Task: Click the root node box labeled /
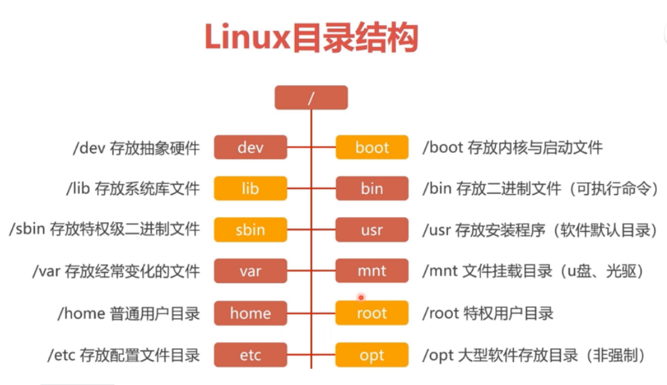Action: click(x=311, y=98)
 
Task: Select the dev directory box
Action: click(x=250, y=147)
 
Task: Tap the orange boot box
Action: click(x=372, y=147)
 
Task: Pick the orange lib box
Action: click(x=250, y=188)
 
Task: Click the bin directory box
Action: click(x=372, y=188)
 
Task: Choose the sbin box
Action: click(x=250, y=230)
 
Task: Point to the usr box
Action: click(x=372, y=230)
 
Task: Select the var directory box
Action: click(x=250, y=271)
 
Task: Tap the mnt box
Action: click(x=372, y=271)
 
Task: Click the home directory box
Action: click(x=250, y=313)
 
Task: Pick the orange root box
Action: click(x=372, y=313)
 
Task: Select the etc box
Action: click(x=250, y=355)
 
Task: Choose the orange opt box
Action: click(x=372, y=355)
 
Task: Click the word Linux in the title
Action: click(x=247, y=38)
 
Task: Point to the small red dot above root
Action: click(x=361, y=297)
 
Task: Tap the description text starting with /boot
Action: click(x=512, y=148)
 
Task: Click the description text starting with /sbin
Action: click(x=104, y=229)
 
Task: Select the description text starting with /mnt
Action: click(x=532, y=271)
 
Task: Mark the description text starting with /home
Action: click(x=128, y=314)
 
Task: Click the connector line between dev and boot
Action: click(x=312, y=147)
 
